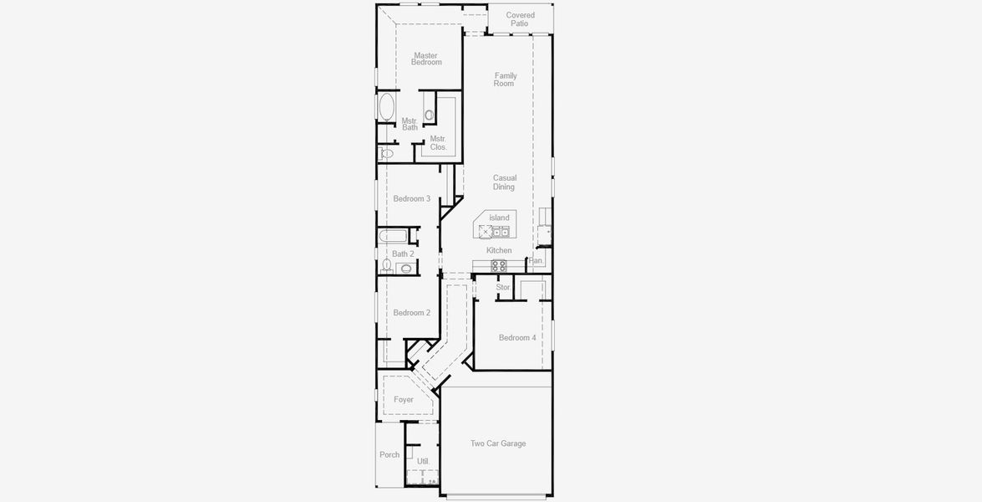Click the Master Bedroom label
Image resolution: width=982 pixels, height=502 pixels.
point(426,59)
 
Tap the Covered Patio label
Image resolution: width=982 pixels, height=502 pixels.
point(520,19)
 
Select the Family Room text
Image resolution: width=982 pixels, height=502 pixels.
point(505,79)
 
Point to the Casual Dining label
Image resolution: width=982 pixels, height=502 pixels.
point(504,182)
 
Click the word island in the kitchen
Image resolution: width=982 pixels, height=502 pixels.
point(499,218)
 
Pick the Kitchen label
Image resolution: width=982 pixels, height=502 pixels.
point(499,250)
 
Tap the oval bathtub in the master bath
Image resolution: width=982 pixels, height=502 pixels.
point(387,108)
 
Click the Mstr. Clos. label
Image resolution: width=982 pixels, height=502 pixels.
point(438,143)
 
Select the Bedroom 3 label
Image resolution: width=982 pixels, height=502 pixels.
point(412,198)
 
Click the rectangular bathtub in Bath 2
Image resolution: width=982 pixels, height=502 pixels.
point(394,235)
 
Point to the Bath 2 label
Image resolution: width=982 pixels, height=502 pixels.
point(403,254)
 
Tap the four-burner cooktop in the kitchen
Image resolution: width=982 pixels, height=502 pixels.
point(498,265)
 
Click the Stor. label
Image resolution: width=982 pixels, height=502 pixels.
point(503,287)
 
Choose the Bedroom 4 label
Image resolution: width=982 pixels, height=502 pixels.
point(517,337)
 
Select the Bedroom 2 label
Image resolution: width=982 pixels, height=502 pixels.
point(412,312)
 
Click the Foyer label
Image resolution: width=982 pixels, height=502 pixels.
point(404,399)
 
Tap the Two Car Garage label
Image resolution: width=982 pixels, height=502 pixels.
point(498,443)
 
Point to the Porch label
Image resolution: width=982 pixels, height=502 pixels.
point(389,454)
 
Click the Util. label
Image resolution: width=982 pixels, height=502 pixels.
point(423,461)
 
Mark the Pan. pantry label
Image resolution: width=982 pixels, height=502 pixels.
point(537,261)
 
